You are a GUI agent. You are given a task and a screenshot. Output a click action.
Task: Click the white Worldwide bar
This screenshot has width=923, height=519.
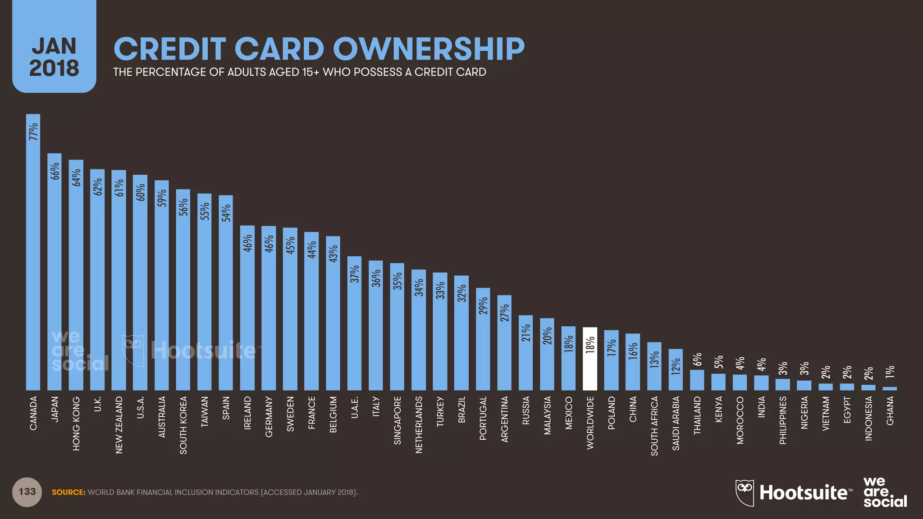click(590, 360)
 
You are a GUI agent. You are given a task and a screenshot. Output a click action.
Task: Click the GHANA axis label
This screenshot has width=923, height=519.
click(890, 410)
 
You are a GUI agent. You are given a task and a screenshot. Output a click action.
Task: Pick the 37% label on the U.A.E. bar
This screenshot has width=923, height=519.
click(355, 274)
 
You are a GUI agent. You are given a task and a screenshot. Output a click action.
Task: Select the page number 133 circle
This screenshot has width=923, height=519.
click(27, 492)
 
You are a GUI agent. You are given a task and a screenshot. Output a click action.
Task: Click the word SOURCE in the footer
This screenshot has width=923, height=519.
click(69, 492)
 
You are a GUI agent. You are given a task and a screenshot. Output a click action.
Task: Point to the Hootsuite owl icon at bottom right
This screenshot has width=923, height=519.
click(745, 492)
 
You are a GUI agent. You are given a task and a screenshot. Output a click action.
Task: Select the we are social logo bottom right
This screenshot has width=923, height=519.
click(884, 492)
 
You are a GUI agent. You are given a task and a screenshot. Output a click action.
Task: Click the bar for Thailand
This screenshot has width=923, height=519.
click(697, 380)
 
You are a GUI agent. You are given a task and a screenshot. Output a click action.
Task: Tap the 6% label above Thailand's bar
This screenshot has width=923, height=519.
click(697, 359)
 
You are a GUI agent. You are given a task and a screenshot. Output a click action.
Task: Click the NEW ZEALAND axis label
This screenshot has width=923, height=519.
click(119, 425)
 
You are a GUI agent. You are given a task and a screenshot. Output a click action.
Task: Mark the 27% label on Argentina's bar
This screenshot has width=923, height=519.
click(504, 313)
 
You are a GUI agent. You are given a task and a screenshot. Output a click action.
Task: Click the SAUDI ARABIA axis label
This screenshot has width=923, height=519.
click(676, 423)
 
